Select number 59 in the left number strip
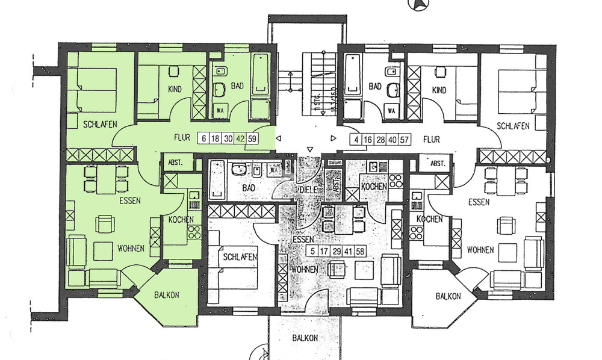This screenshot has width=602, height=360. pyautogui.click(x=252, y=139)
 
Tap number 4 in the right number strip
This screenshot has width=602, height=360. pyautogui.click(x=358, y=140)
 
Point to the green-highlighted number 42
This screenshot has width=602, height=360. pyautogui.click(x=240, y=139)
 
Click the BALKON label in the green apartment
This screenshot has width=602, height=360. pyautogui.click(x=167, y=296)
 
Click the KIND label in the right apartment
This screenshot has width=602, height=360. pyautogui.click(x=439, y=90)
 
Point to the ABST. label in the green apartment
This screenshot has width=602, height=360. pyautogui.click(x=172, y=163)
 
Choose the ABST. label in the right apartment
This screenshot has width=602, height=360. pyautogui.click(x=438, y=163)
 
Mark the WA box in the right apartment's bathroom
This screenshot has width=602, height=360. pyautogui.click(x=392, y=111)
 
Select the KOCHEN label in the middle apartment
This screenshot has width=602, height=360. pyautogui.click(x=373, y=188)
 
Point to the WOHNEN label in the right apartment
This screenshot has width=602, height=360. pyautogui.click(x=480, y=249)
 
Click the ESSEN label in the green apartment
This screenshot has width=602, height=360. pyautogui.click(x=129, y=200)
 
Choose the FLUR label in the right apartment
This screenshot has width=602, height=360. pyautogui.click(x=431, y=140)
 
